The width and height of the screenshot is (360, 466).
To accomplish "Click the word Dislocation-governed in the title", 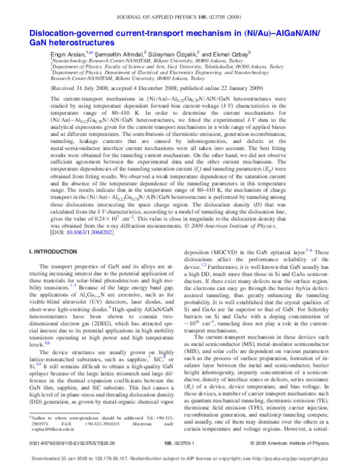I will [74, 32].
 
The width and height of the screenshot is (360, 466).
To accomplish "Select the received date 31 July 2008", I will [99, 87].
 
